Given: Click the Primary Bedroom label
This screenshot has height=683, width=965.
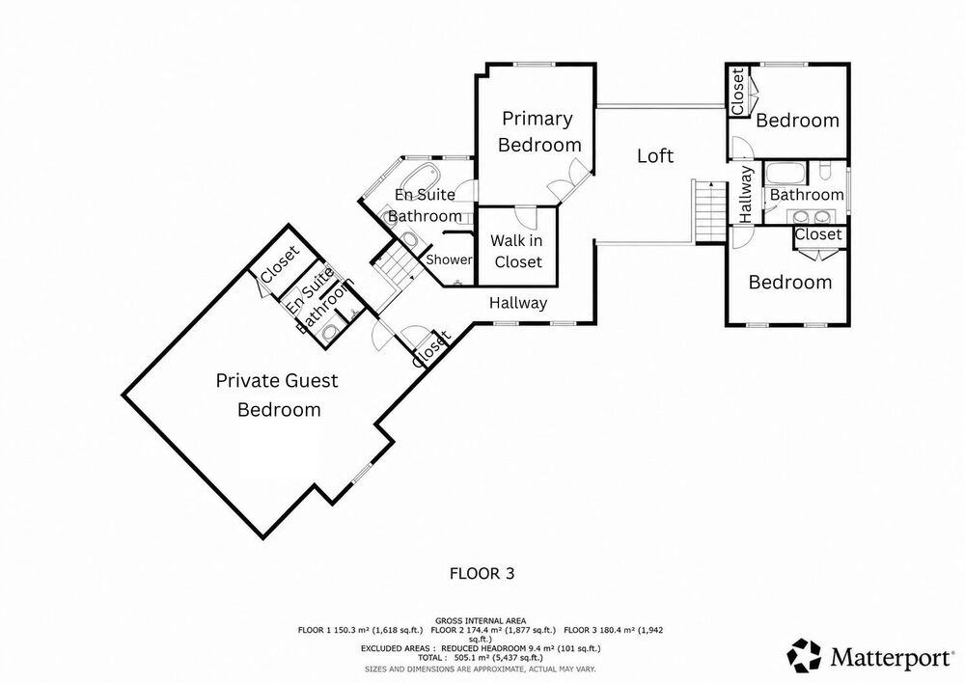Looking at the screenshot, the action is pyautogui.click(x=539, y=131).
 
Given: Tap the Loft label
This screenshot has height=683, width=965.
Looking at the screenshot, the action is pyautogui.click(x=655, y=155).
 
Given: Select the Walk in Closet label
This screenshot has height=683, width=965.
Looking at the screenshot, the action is pyautogui.click(x=517, y=251).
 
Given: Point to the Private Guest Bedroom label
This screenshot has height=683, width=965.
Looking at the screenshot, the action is pyautogui.click(x=278, y=395).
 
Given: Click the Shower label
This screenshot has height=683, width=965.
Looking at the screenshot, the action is pyautogui.click(x=449, y=260).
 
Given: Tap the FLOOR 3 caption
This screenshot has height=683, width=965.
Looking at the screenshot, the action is pyautogui.click(x=482, y=573).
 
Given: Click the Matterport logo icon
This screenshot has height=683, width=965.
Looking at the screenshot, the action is pyautogui.click(x=805, y=656).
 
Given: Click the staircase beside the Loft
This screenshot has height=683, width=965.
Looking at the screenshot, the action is pyautogui.click(x=710, y=211).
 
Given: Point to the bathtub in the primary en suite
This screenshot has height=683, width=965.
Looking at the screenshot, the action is pyautogui.click(x=420, y=176).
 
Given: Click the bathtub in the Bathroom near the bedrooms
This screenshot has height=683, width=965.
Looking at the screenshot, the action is pyautogui.click(x=785, y=173).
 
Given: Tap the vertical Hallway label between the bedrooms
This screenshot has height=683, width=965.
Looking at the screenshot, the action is pyautogui.click(x=746, y=194).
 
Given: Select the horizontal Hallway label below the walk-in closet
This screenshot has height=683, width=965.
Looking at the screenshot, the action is pyautogui.click(x=518, y=303).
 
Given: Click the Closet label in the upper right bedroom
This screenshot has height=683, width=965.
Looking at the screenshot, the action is pyautogui.click(x=737, y=91).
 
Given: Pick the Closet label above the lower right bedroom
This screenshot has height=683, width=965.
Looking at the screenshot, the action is pyautogui.click(x=818, y=234).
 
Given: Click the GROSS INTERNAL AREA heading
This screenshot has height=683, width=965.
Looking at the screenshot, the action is pyautogui.click(x=481, y=621).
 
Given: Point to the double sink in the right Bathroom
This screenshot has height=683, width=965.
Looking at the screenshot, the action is pyautogui.click(x=811, y=217).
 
